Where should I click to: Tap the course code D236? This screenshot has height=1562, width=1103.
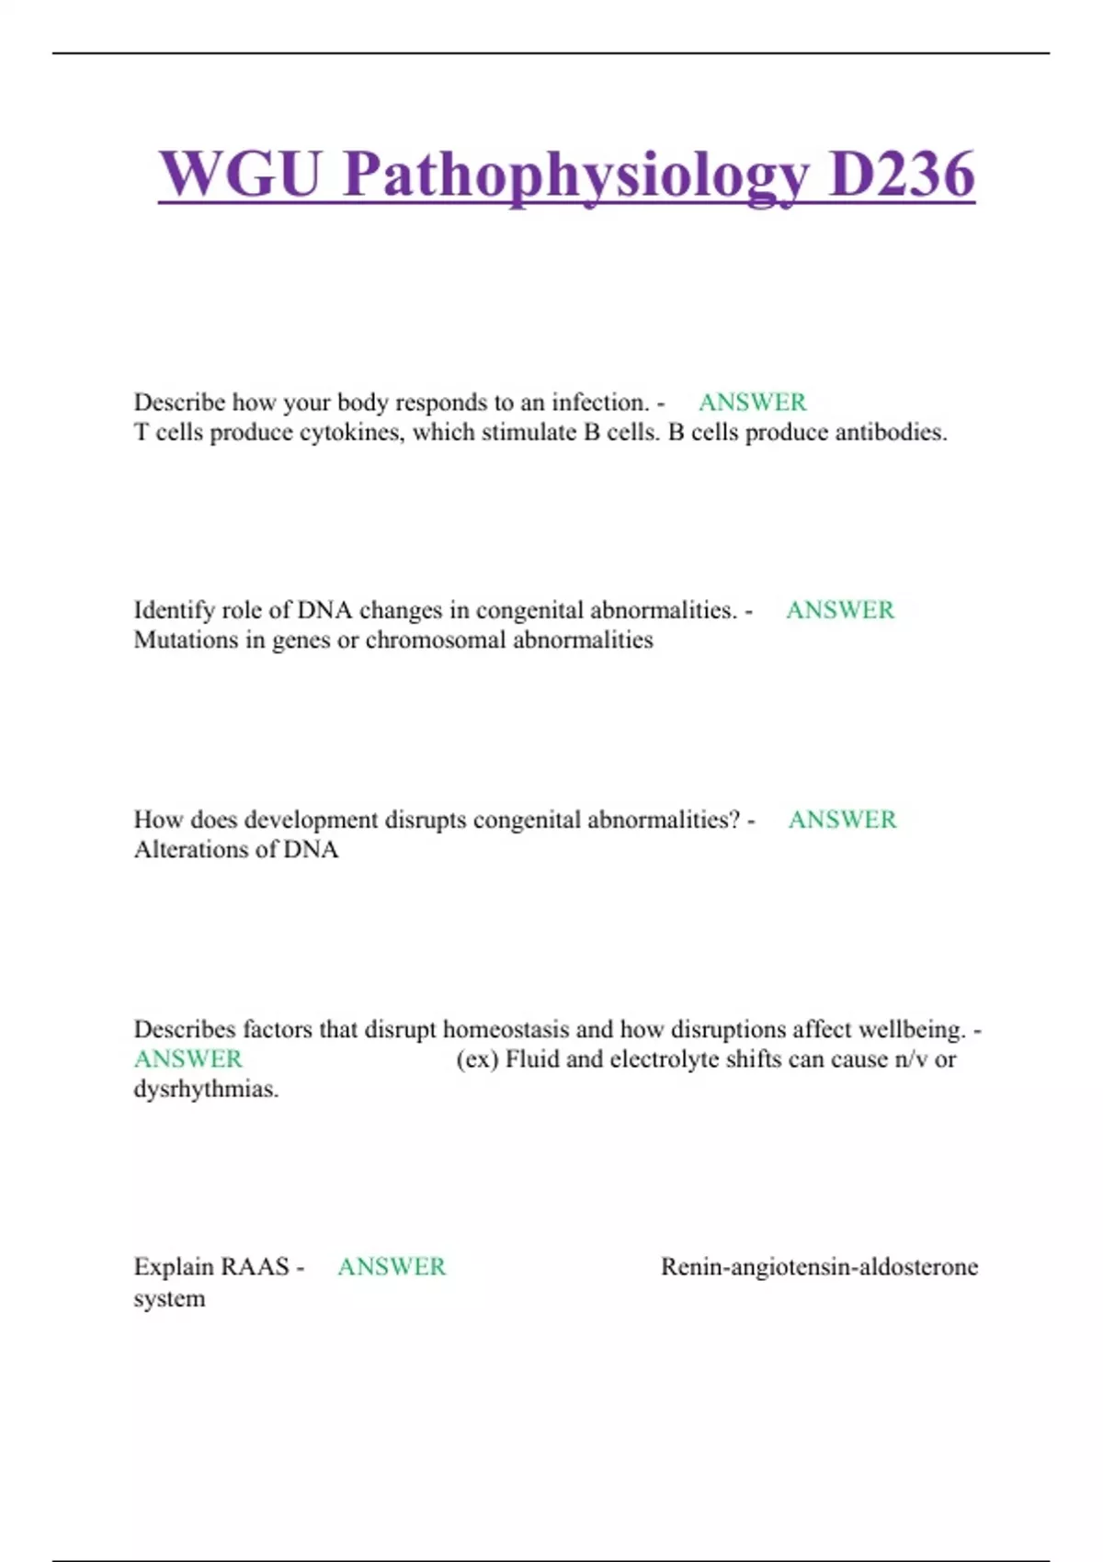click(x=901, y=175)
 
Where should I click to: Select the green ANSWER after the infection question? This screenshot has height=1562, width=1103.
click(x=752, y=402)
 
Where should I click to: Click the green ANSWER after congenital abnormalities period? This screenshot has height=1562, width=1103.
click(x=839, y=610)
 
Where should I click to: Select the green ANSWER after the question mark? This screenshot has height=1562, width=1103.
click(x=842, y=820)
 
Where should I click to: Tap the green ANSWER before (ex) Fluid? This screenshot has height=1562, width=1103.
click(x=188, y=1059)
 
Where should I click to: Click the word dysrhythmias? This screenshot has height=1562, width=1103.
click(x=206, y=1090)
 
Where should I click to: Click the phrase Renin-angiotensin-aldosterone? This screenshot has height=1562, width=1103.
click(x=819, y=1267)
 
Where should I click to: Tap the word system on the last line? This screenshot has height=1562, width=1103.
click(x=169, y=1299)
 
